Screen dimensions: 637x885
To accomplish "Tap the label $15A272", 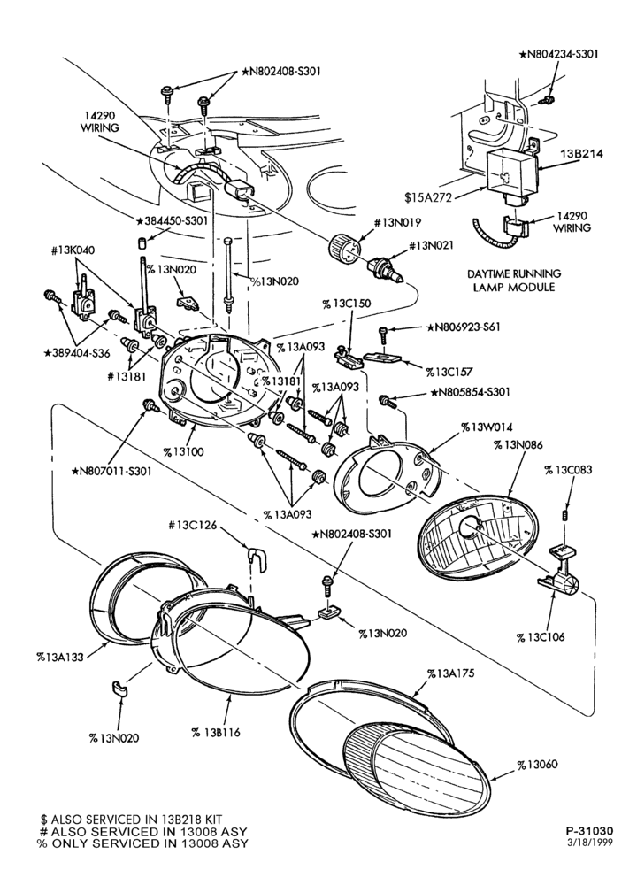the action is tap(428, 197).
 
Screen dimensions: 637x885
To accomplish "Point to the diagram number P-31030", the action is tap(589, 831).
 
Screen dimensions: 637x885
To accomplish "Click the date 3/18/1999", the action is tap(591, 843).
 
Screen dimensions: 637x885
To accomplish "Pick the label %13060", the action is tap(538, 765).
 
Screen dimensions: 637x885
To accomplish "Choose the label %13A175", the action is tap(451, 673).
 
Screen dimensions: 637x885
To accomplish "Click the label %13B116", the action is tap(216, 732).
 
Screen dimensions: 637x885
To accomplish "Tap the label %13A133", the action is tap(60, 657).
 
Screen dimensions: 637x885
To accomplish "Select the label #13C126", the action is tap(193, 527).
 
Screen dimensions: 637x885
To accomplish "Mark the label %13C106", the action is tap(541, 637).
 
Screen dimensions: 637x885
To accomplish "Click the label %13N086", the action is tap(518, 445).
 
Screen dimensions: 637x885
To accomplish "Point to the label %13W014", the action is tap(487, 427).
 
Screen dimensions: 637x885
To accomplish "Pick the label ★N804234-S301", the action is tap(558, 54).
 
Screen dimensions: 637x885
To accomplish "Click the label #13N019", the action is tap(398, 222).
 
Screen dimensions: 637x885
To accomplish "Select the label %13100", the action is tap(184, 451).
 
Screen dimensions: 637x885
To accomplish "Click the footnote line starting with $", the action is tap(131, 819).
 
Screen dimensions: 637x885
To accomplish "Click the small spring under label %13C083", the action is tap(564, 515).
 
